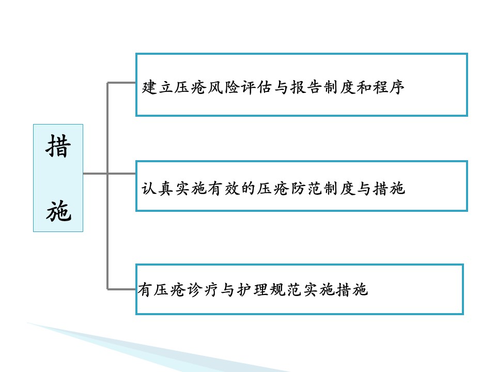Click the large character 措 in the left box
click(x=58, y=146)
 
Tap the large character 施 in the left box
click(x=58, y=211)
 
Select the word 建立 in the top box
click(x=158, y=87)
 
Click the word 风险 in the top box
click(x=223, y=87)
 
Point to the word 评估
click(x=256, y=87)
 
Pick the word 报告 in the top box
click(x=306, y=87)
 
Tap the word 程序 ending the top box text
click(x=389, y=87)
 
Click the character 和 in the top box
click(x=364, y=87)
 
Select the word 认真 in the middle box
click(x=157, y=189)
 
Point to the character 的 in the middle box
click(x=248, y=189)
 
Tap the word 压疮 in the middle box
click(x=273, y=189)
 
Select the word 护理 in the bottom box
click(x=253, y=290)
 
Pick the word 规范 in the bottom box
click(x=286, y=290)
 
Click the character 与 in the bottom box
click(x=228, y=290)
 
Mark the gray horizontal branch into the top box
click(x=121, y=83)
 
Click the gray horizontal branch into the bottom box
click(x=121, y=289)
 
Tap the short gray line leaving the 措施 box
click(x=95, y=174)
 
